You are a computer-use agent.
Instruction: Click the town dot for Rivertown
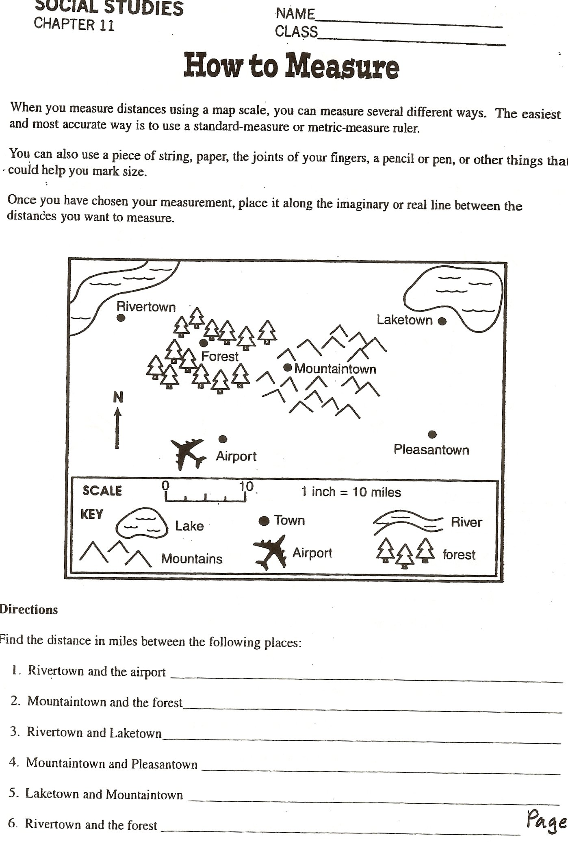pos(121,318)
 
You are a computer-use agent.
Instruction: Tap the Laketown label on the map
pos(404,320)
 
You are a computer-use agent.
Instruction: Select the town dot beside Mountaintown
pos(288,368)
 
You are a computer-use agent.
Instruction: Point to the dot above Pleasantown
pos(432,434)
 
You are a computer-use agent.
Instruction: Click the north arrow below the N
pos(117,429)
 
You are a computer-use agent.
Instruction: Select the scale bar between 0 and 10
pos(206,497)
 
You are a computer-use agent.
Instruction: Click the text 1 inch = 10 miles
pos(351,492)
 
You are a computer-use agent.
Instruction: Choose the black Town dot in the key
pos(264,521)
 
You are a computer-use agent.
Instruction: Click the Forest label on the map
pos(220,357)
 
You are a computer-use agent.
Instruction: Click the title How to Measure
pos(291,66)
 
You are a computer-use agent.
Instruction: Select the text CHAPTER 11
pos(74,24)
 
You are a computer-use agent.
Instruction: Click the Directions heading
pos(28,609)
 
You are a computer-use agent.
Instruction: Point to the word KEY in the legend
pos(92,514)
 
